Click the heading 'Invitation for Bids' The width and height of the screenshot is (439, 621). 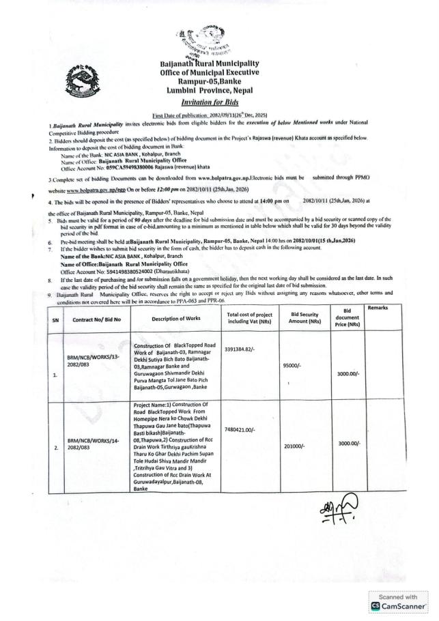(x=220, y=101)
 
